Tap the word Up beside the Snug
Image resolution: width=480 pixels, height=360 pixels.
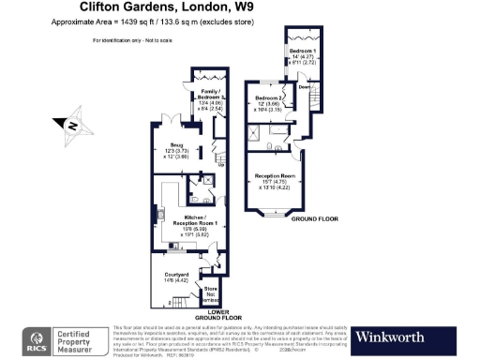pyautogui.click(x=221, y=165)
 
